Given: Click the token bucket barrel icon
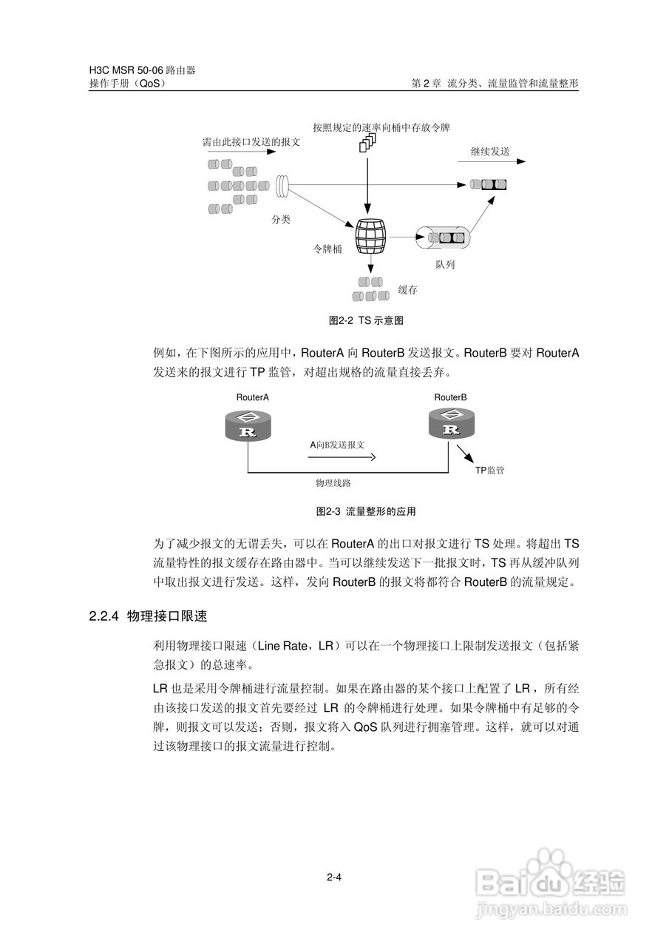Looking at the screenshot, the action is click(371, 236).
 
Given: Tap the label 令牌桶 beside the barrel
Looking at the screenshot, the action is click(327, 249).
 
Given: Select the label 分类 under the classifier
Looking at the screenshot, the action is click(281, 220).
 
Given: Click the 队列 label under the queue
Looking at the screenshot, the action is click(445, 265).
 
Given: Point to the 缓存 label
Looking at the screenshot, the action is click(407, 290).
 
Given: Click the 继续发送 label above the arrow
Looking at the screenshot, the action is click(490, 152).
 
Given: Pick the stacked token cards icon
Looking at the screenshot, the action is click(367, 143).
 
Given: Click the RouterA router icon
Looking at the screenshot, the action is click(248, 425).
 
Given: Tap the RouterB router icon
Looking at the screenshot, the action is click(452, 423).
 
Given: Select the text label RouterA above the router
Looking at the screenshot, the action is click(253, 397).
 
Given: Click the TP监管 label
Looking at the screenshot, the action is click(490, 471).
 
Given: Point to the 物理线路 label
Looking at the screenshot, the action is click(333, 483).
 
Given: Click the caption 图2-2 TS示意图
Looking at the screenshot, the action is click(366, 320).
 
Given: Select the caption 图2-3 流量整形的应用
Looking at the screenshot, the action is click(366, 511).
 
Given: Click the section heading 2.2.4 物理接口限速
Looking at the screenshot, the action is click(149, 616).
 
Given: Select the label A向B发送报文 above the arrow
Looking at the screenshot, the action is click(337, 445).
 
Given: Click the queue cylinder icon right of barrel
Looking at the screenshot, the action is click(443, 237).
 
